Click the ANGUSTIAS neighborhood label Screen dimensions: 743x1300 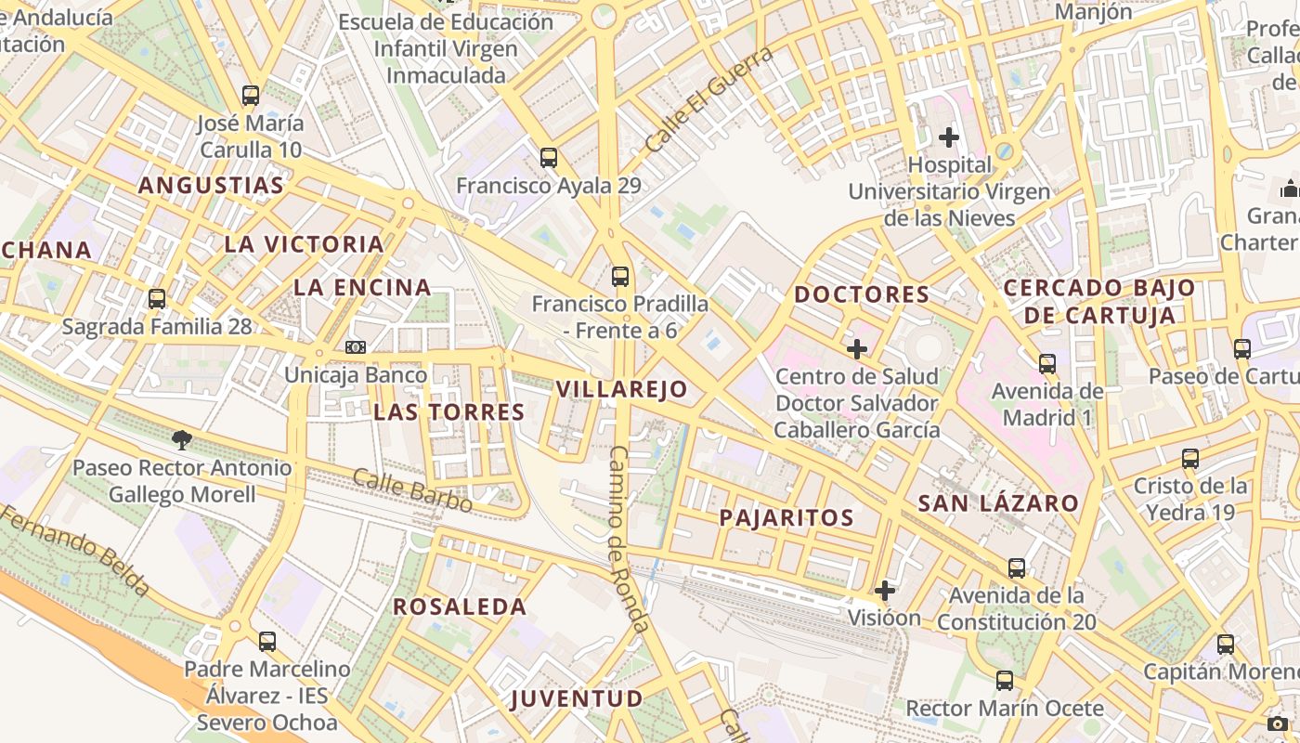coord(211,186)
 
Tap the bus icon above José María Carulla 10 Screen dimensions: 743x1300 coord(250,95)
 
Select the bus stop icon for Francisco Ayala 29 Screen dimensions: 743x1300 coord(549,158)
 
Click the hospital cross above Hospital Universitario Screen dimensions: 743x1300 coord(948,137)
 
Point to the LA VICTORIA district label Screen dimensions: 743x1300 coord(304,244)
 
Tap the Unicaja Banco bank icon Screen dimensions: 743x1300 coord(356,347)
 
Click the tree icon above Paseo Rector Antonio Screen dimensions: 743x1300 coord(182,439)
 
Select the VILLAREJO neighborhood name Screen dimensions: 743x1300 coord(622,389)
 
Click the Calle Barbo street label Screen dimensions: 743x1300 coord(412,490)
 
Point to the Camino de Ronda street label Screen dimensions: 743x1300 coord(629,539)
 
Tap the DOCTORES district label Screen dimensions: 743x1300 coord(862,294)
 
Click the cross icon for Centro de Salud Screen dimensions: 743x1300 coord(857,349)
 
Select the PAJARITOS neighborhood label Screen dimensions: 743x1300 coord(786,518)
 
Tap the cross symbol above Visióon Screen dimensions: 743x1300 coord(885,590)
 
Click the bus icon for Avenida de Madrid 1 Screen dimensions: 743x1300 coord(1047,363)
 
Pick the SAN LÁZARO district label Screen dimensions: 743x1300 coord(998,504)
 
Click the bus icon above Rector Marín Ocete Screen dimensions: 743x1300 coord(1005,681)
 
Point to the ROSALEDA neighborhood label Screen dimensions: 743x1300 coord(460,607)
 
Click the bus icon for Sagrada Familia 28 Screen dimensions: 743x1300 coord(157,299)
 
